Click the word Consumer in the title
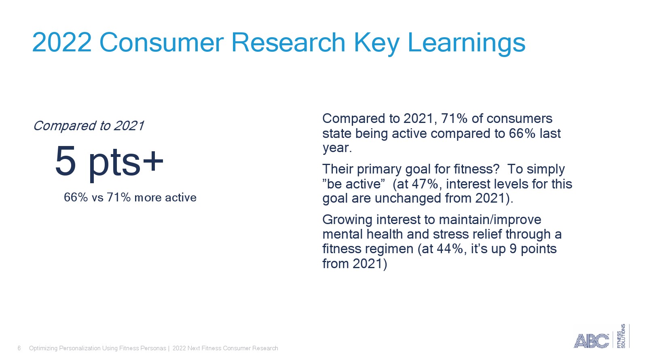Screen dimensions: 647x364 (161, 42)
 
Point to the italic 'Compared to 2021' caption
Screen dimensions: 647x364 (89, 126)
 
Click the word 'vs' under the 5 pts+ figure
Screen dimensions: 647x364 (97, 198)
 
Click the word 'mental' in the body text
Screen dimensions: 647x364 (342, 234)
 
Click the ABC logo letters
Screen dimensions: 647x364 (591, 341)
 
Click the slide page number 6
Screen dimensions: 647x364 (19, 348)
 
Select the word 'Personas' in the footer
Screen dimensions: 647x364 (154, 348)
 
